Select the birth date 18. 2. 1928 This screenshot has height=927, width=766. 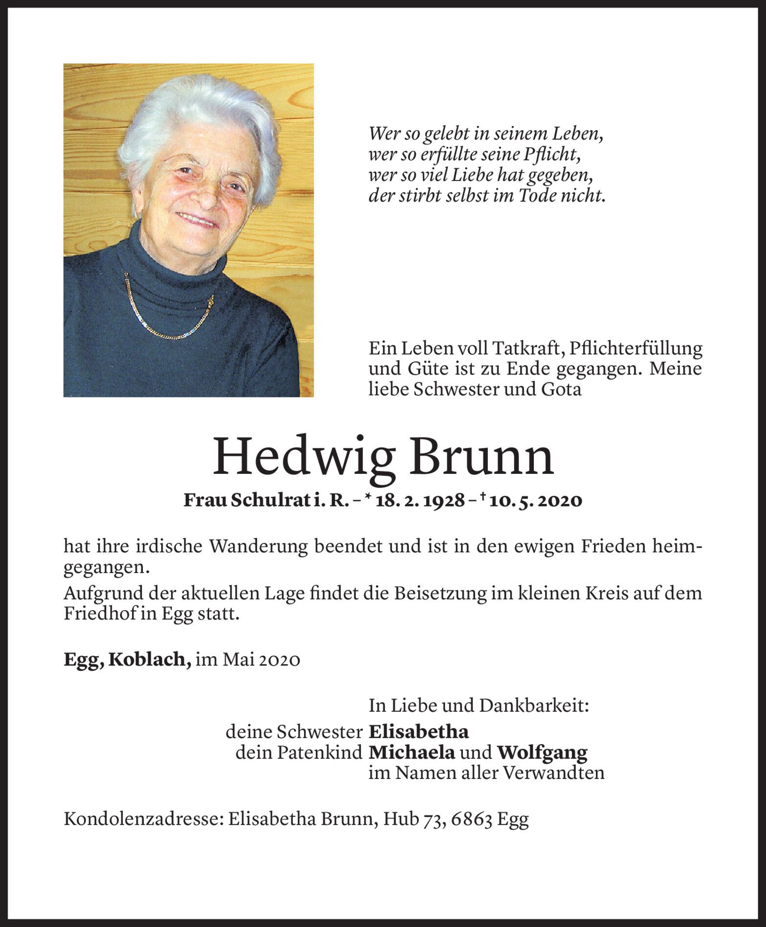(x=419, y=501)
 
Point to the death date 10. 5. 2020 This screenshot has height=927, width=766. (x=538, y=501)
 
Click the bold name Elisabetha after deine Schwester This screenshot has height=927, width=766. (x=418, y=732)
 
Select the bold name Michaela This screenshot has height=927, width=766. (x=412, y=752)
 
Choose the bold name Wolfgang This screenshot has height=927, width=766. (x=542, y=753)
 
